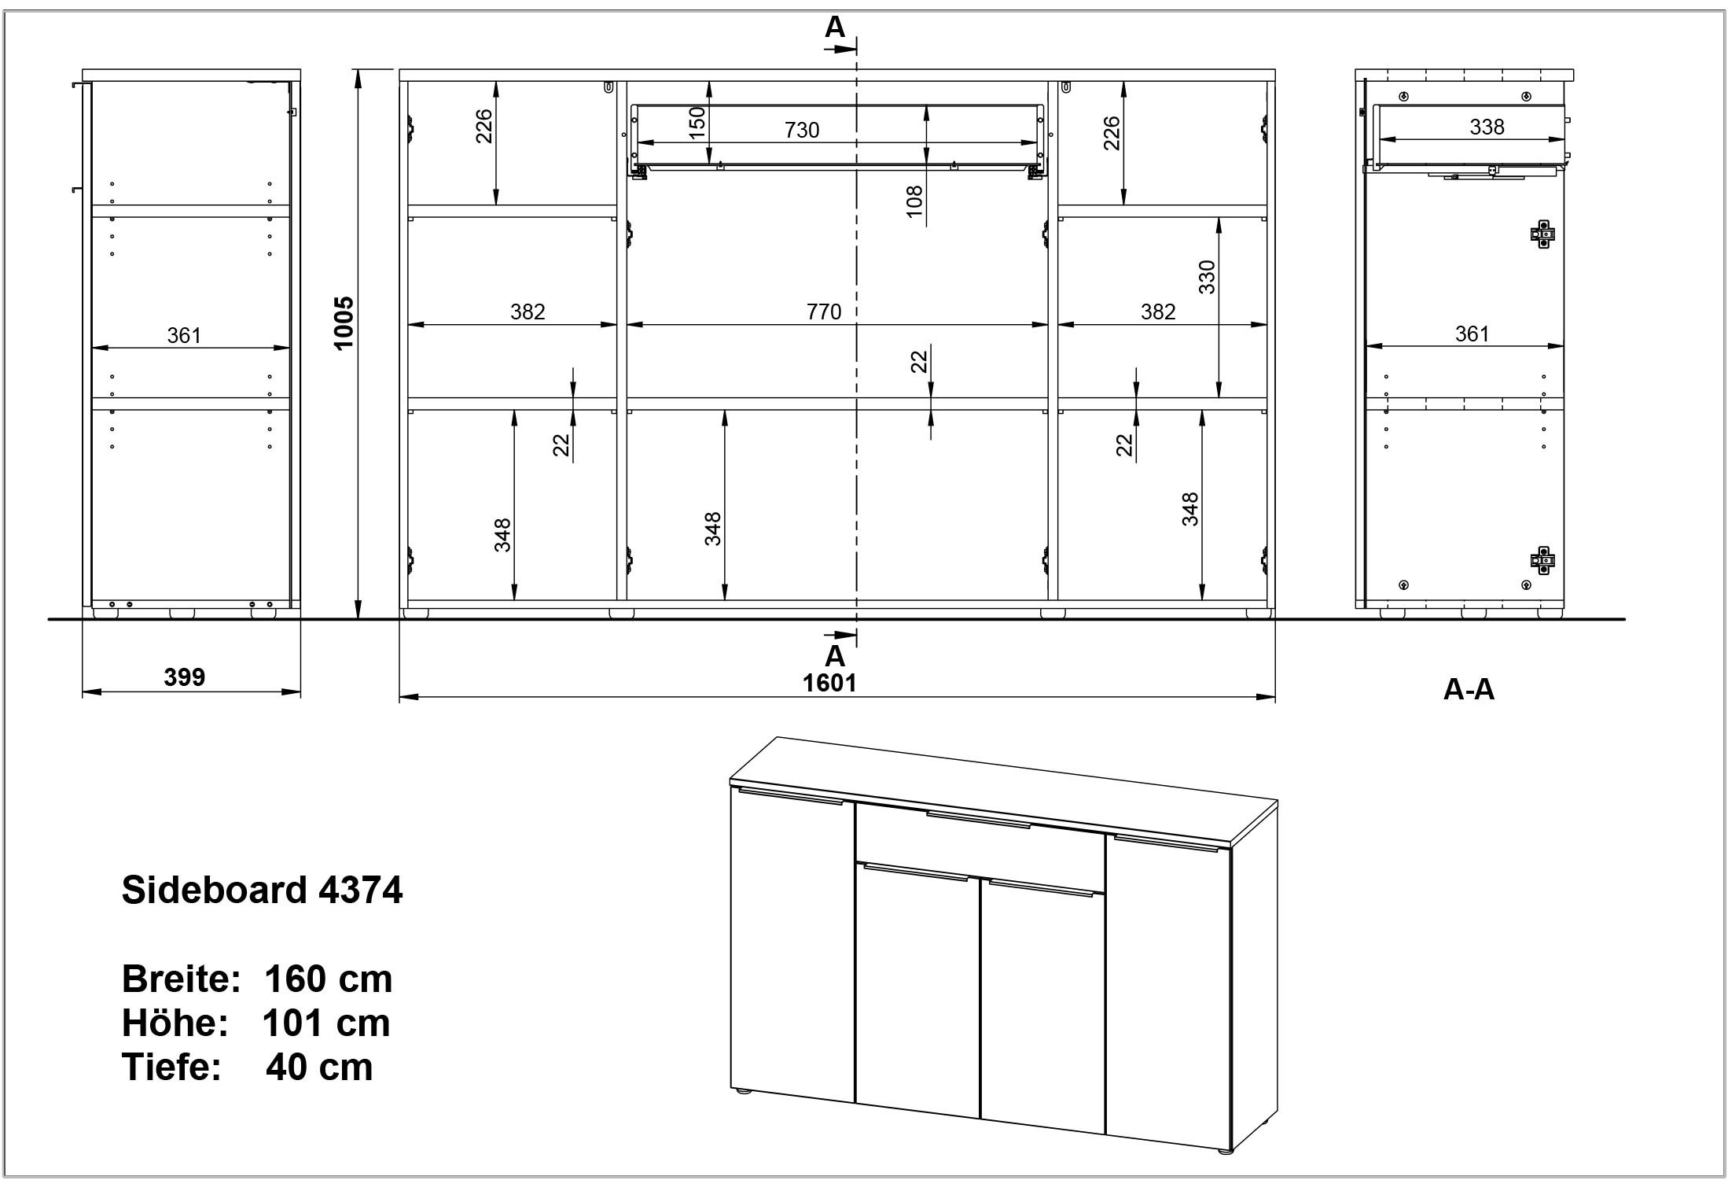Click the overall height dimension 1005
344,323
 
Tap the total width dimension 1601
829,683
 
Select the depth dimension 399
185,677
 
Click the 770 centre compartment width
824,312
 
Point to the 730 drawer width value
802,130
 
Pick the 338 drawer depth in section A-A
1487,127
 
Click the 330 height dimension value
1207,277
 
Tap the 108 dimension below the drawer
914,202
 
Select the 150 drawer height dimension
697,124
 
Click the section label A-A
1469,690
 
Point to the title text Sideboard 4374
262,891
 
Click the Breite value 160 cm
328,979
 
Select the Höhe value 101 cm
325,1023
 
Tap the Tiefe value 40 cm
319,1068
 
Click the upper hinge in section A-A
1542,234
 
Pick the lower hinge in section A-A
1542,560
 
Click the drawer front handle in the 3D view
978,820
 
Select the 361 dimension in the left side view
184,336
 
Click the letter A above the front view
834,28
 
